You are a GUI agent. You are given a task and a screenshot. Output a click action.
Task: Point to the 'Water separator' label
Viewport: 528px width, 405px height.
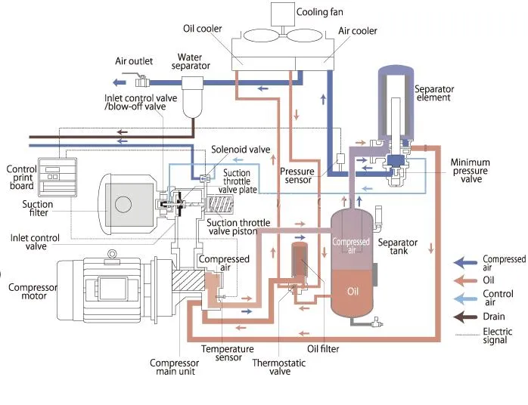tap(193, 62)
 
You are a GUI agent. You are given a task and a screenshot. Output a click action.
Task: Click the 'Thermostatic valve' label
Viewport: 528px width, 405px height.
tap(272, 366)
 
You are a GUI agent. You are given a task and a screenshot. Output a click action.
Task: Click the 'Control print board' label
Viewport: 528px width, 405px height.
tap(21, 179)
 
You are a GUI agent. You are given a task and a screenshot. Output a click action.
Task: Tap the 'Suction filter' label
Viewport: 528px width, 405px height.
tap(38, 209)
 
